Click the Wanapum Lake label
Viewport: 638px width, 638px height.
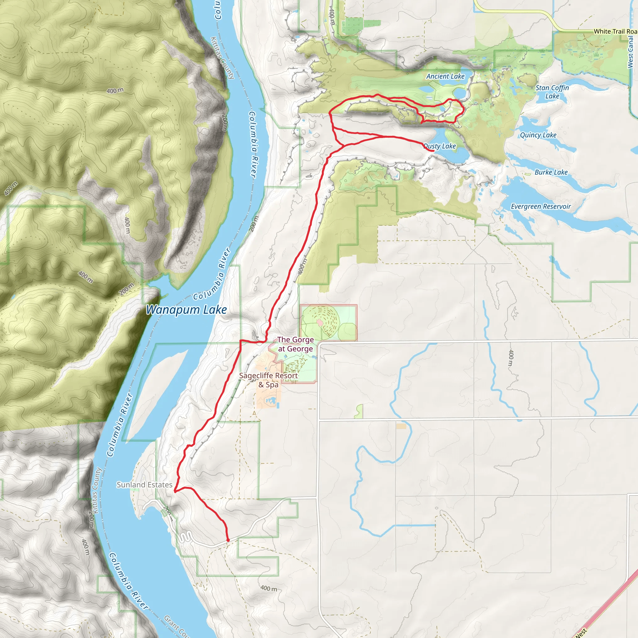point(186,310)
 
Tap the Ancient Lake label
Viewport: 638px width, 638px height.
point(445,76)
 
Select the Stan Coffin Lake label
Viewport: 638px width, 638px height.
point(552,92)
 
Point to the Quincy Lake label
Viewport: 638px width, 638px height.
point(538,135)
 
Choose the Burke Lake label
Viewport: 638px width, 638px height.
point(551,172)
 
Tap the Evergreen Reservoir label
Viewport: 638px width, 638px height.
point(540,207)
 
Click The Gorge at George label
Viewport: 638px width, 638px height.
point(295,344)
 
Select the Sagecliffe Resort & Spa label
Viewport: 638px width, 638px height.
point(269,380)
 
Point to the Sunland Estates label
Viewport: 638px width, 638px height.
point(144,484)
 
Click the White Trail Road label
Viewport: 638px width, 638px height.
point(615,31)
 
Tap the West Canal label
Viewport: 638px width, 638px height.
point(631,52)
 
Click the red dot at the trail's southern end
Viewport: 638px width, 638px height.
point(228,540)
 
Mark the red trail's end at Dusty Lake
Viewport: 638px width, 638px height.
point(433,151)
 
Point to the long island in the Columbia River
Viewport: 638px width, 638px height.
point(155,396)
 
